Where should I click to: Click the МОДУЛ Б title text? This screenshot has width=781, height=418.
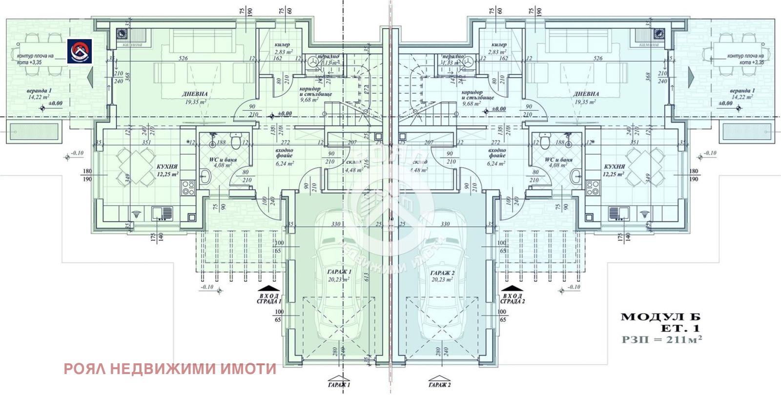click(x=660, y=317)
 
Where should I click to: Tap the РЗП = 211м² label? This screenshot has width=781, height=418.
click(x=661, y=339)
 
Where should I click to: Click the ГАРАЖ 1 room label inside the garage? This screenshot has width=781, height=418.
click(x=339, y=272)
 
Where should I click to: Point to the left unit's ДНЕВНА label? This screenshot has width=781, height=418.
click(x=195, y=94)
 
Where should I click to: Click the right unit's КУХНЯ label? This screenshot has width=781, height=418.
click(x=614, y=167)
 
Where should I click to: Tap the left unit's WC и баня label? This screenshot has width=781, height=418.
click(x=223, y=160)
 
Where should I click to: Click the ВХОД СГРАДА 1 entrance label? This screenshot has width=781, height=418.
click(x=269, y=298)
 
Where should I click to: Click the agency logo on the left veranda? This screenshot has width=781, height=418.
click(x=80, y=51)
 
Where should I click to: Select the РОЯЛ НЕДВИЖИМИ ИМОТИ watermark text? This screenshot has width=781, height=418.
click(x=170, y=369)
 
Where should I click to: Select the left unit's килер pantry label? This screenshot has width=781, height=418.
click(x=282, y=44)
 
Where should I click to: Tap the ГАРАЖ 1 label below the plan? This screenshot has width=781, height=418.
click(x=339, y=384)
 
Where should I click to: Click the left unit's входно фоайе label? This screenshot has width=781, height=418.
click(x=284, y=153)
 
